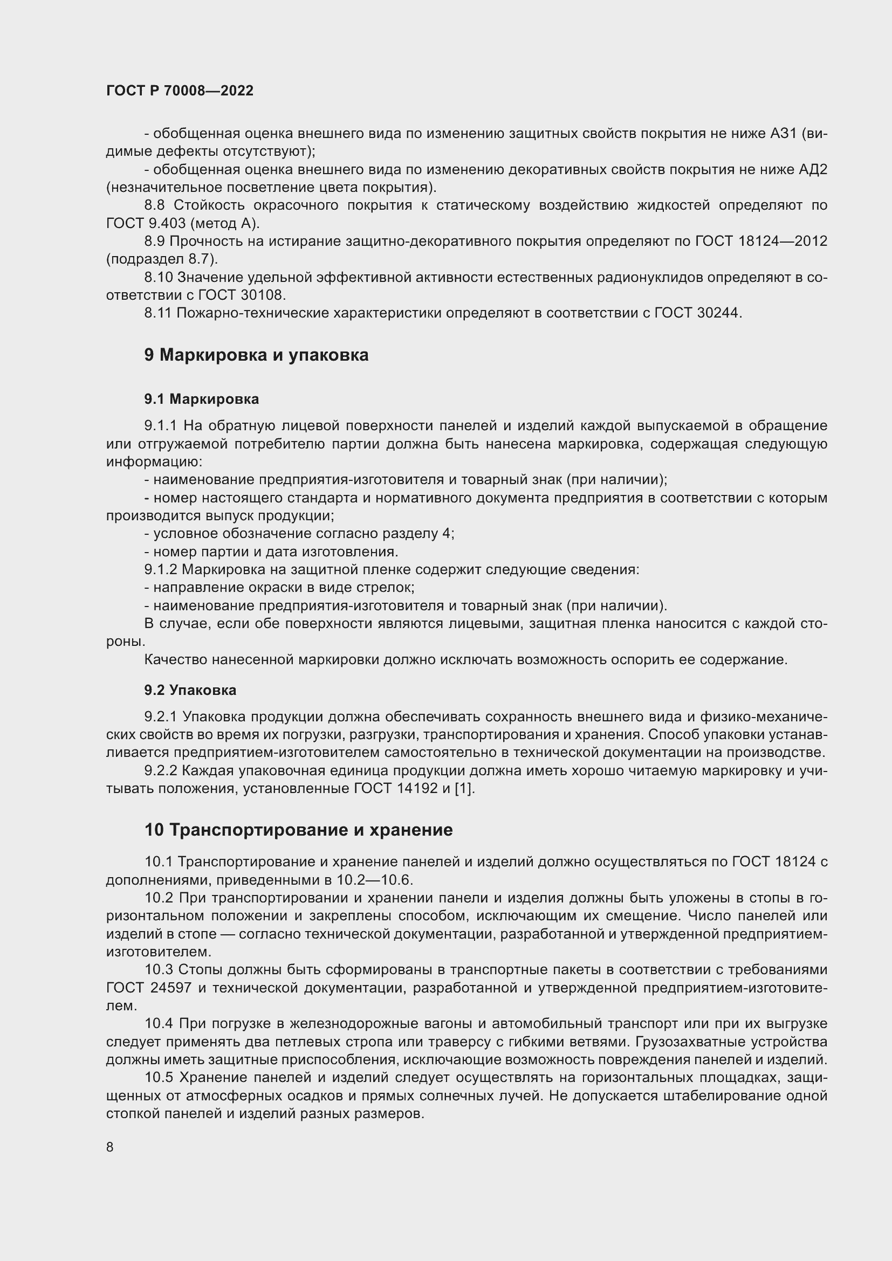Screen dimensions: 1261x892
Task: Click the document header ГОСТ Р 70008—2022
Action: click(x=180, y=91)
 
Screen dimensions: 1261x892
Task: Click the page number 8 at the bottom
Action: click(x=110, y=1147)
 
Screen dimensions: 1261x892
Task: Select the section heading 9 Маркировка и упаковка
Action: click(x=256, y=355)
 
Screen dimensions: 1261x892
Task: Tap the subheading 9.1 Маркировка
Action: click(x=202, y=399)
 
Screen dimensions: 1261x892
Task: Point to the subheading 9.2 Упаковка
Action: click(x=190, y=691)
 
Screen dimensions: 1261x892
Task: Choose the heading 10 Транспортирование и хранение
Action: click(x=298, y=830)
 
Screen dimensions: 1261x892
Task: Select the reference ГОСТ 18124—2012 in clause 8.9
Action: click(x=761, y=241)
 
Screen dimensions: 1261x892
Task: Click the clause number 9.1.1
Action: click(x=161, y=426)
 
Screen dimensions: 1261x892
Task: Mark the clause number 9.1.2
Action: click(x=161, y=569)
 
